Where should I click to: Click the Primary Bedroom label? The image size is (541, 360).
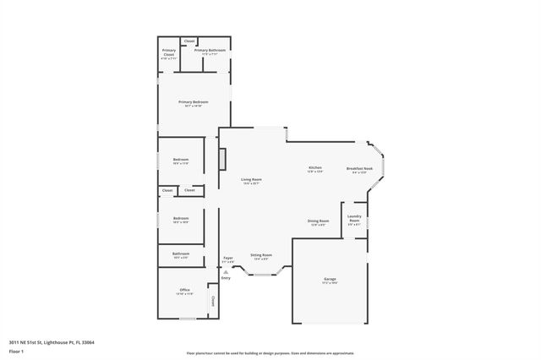[x=193, y=101]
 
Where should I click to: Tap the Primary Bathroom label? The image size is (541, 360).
[x=210, y=51]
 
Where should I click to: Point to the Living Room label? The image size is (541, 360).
[x=252, y=179]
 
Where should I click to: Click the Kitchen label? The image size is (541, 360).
[x=314, y=168]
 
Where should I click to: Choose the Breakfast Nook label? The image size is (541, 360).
[x=359, y=168]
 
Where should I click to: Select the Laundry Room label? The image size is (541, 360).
[x=354, y=219]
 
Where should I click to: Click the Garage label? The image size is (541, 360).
[x=330, y=278]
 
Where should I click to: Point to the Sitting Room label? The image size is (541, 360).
[x=261, y=254]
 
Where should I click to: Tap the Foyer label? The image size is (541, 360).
[x=227, y=258]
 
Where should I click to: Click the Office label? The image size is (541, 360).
[x=184, y=290]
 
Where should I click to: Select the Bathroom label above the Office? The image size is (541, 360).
[x=181, y=254]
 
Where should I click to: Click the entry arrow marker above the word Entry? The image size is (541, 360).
[x=226, y=270]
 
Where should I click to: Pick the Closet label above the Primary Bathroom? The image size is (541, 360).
[x=189, y=41]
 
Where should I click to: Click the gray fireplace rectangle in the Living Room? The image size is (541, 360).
[x=222, y=159]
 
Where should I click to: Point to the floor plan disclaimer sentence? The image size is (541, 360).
[x=270, y=353]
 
